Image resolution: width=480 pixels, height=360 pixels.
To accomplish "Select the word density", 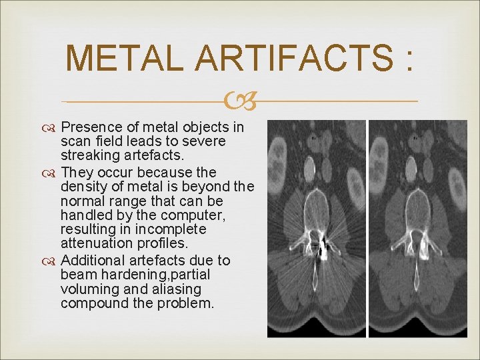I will pyautogui.click(x=82, y=185).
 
